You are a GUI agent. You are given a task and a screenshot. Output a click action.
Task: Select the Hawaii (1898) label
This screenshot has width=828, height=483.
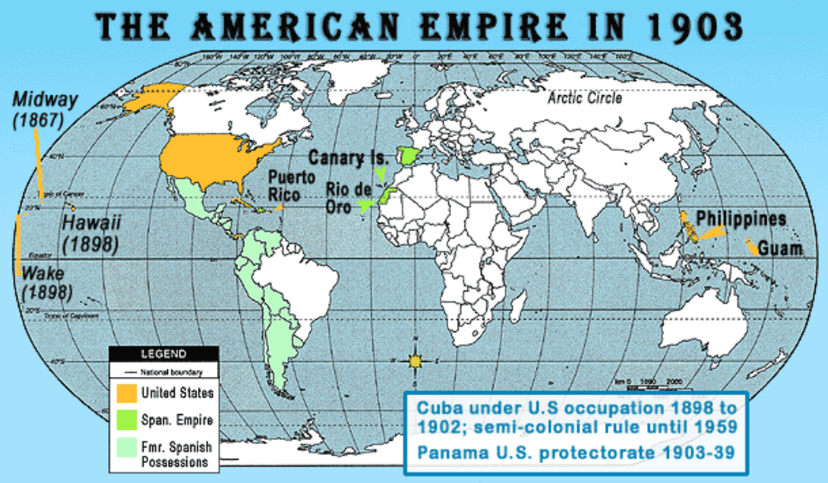pos(91,234)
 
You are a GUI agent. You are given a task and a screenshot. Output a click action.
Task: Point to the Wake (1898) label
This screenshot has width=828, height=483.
pos(47,282)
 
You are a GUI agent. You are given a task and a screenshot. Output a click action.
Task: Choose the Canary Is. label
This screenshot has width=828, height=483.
pos(348,157)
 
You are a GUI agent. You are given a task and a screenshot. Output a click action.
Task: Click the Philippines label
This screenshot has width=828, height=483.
pos(740,219)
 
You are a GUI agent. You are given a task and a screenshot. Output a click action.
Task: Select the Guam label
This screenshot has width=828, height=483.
pos(782,248)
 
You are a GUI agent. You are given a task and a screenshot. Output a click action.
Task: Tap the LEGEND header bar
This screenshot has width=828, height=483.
pos(164,354)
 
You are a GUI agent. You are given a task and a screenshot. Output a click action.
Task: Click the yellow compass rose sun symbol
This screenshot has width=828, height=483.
pos(416,360)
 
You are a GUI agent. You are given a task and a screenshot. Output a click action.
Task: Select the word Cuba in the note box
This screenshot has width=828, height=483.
pos(436,408)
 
